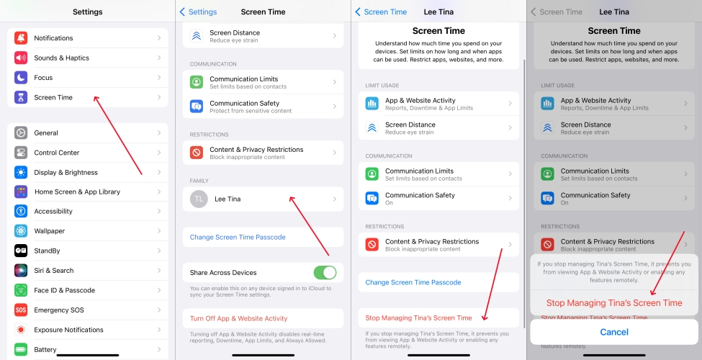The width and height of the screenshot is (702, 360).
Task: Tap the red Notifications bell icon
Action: pyautogui.click(x=21, y=38)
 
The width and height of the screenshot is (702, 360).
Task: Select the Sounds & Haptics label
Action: pyautogui.click(x=61, y=58)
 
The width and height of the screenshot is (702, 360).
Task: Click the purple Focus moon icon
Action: pyautogui.click(x=21, y=78)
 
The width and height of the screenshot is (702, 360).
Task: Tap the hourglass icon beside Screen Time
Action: pyautogui.click(x=21, y=97)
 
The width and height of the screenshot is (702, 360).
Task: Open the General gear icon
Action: pyautogui.click(x=21, y=133)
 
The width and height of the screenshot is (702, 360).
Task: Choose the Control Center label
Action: pyautogui.click(x=56, y=153)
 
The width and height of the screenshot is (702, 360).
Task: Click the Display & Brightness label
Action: pyautogui.click(x=66, y=172)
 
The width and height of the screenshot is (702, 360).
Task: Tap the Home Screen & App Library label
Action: pyautogui.click(x=78, y=192)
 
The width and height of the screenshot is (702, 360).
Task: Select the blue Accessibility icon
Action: pyautogui.click(x=21, y=212)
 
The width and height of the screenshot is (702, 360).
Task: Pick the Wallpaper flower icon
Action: pyautogui.click(x=21, y=231)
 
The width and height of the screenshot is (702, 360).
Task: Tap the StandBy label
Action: pyautogui.click(x=47, y=251)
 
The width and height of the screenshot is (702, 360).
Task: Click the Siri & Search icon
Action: pyautogui.click(x=21, y=271)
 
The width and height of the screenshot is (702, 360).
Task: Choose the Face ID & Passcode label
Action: pyautogui.click(x=65, y=290)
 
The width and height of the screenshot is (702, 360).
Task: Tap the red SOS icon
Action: pyautogui.click(x=21, y=310)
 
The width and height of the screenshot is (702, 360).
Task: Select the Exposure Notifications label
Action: pyautogui.click(x=68, y=330)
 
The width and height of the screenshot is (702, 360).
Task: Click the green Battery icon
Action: pyautogui.click(x=21, y=349)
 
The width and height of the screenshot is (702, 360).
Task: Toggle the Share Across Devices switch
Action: pyautogui.click(x=325, y=273)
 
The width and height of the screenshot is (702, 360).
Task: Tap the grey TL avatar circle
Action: pyautogui.click(x=199, y=199)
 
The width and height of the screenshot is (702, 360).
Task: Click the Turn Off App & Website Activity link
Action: pyautogui.click(x=238, y=318)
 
